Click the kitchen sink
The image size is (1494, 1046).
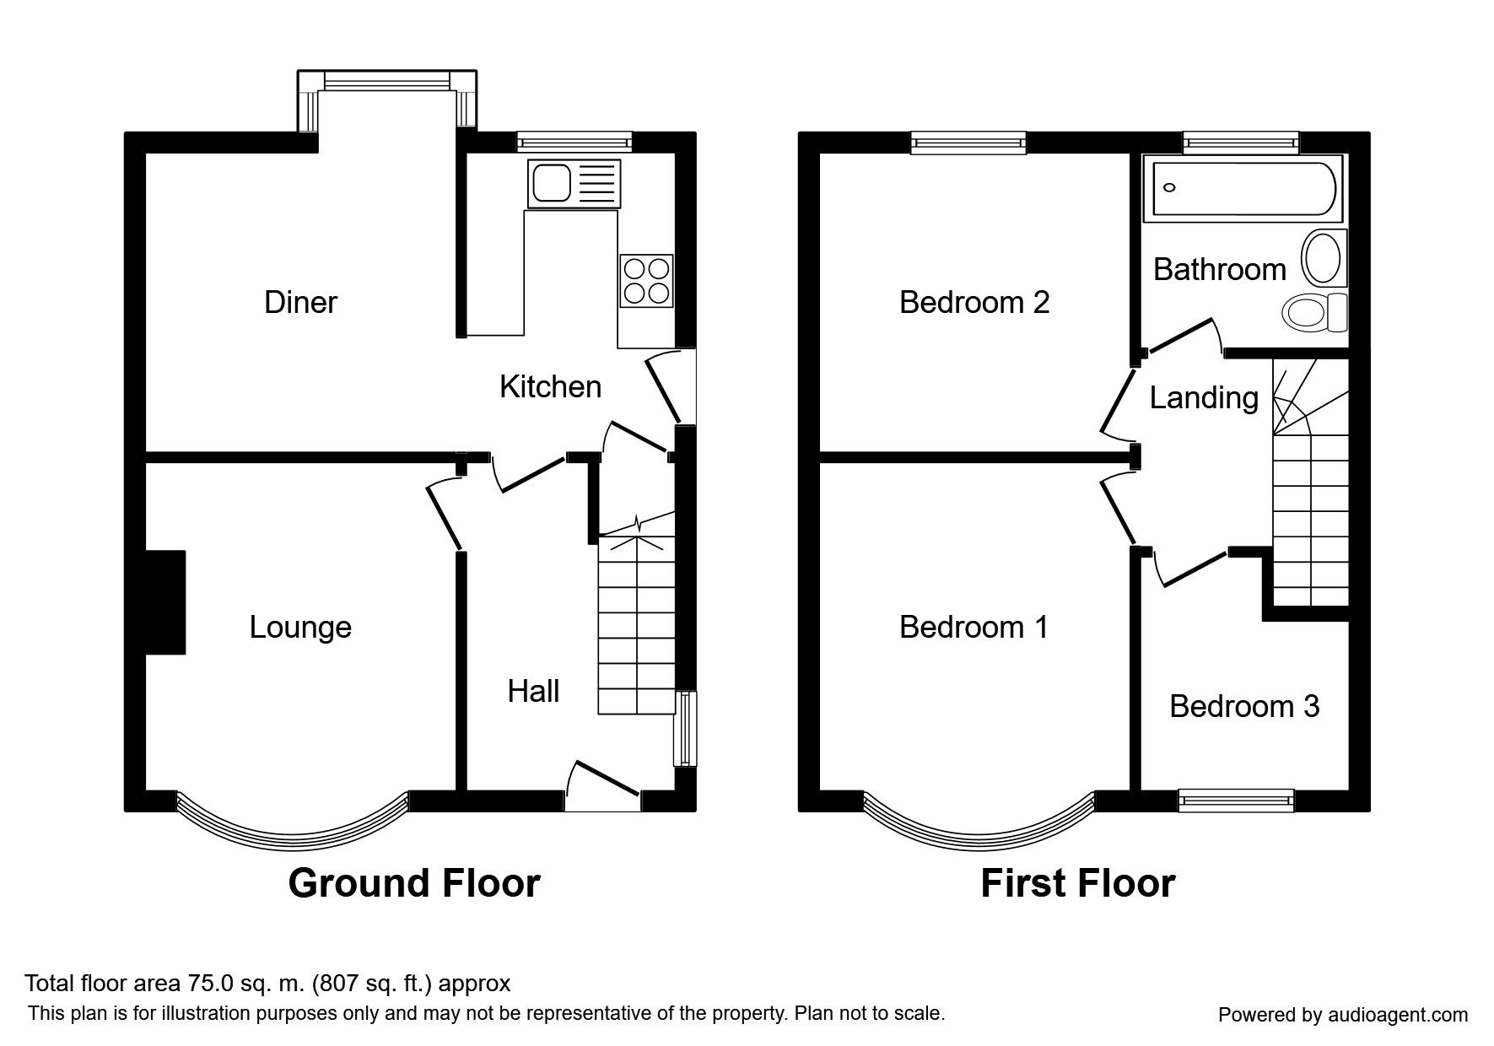click(574, 183)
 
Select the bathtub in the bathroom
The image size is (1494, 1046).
click(1239, 188)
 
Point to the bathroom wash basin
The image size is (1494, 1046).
click(1324, 259)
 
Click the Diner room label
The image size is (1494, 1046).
click(301, 302)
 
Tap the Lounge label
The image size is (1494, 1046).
click(300, 628)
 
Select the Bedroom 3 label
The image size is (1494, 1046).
click(1244, 706)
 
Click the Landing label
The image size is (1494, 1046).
click(1204, 398)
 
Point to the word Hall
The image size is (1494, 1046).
click(533, 692)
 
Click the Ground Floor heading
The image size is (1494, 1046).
click(414, 883)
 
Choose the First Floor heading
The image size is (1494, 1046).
click(1078, 883)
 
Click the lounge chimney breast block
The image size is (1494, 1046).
click(165, 602)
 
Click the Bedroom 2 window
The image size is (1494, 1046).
click(968, 143)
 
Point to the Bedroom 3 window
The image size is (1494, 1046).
click(1236, 801)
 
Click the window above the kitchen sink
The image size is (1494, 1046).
click(574, 143)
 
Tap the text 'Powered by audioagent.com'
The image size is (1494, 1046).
click(1343, 1015)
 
